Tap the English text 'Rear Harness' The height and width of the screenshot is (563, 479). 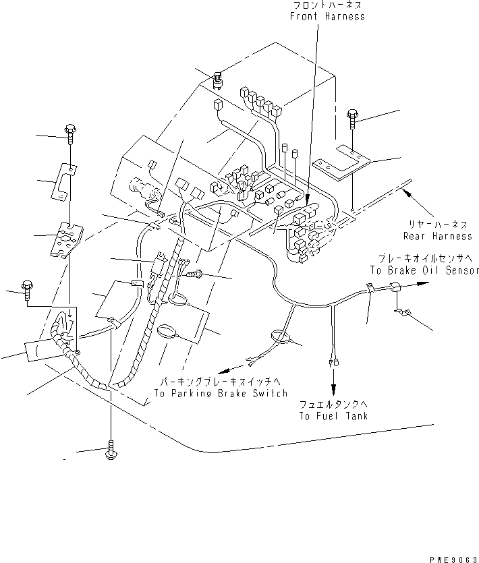(x=437, y=236)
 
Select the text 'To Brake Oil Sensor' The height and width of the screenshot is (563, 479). (x=424, y=270)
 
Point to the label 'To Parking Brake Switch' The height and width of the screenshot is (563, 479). (x=220, y=393)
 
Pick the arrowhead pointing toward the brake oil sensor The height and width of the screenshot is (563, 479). (x=422, y=285)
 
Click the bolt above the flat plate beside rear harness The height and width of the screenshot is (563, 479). (x=353, y=119)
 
